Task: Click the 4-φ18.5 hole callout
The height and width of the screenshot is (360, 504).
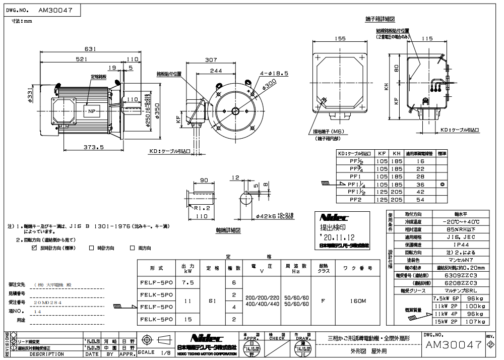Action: pos(275,73)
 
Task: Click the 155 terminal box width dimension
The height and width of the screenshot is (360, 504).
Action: pos(342,38)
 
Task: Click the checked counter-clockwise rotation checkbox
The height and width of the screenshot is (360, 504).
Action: pos(35,248)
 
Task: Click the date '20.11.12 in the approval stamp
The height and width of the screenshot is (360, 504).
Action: pos(336,236)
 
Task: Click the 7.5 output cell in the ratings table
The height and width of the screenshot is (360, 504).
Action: pos(187,283)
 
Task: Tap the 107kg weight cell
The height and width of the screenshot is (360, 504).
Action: pos(474,321)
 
